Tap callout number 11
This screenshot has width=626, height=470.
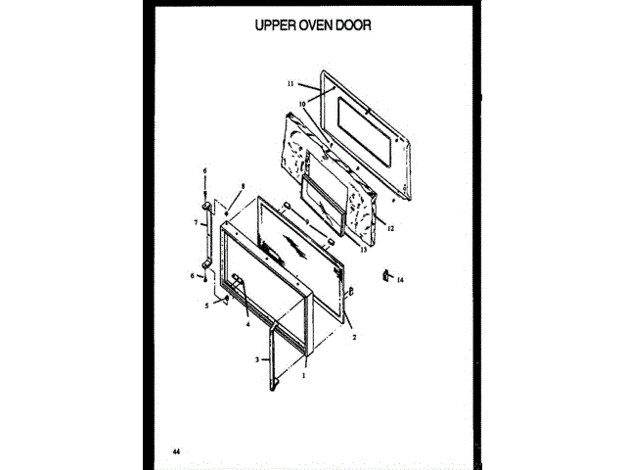291,84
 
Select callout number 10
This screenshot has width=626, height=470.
303,102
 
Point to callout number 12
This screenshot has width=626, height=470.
389,228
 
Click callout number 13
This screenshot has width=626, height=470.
363,249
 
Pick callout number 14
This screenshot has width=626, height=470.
399,280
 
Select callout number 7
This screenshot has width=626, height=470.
196,223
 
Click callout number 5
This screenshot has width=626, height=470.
206,306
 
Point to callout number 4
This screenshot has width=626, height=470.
247,324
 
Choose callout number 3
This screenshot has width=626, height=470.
257,360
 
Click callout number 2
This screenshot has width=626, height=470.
353,334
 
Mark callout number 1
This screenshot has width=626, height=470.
304,374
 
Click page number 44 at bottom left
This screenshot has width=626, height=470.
175,451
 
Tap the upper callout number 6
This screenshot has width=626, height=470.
204,171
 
